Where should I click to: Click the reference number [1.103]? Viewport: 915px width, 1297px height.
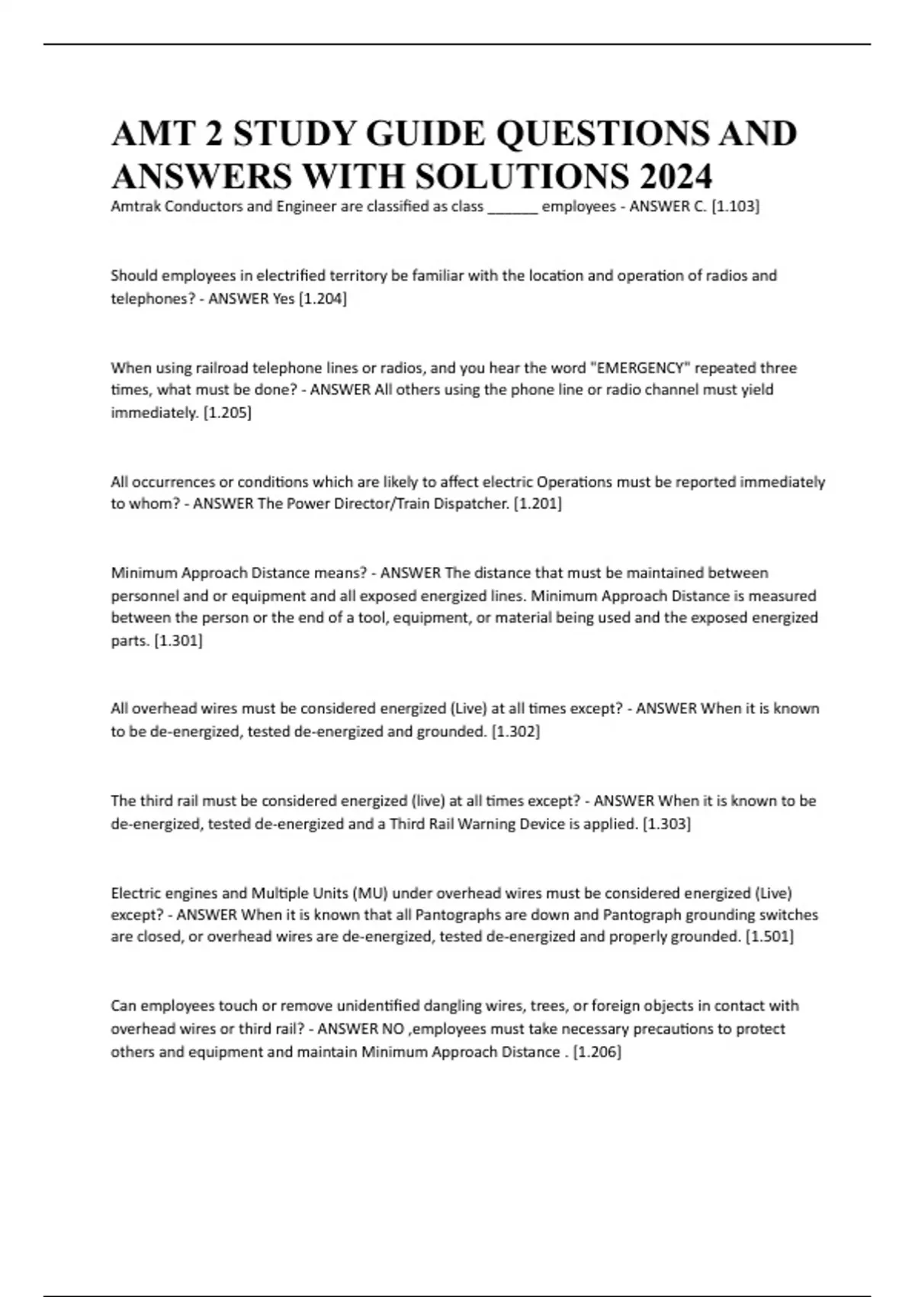pyautogui.click(x=735, y=206)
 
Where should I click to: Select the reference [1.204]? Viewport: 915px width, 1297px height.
pyautogui.click(x=321, y=298)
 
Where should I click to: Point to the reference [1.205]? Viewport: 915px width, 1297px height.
pyautogui.click(x=227, y=413)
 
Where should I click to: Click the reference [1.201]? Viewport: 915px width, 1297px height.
pyautogui.click(x=538, y=504)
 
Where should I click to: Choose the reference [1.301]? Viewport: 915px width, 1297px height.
pyautogui.click(x=178, y=641)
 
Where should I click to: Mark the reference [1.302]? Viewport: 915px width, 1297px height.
pyautogui.click(x=515, y=732)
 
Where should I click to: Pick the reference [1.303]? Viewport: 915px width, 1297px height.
pyautogui.click(x=666, y=824)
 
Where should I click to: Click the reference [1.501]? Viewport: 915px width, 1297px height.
pyautogui.click(x=769, y=936)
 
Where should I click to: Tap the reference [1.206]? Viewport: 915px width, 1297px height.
pyautogui.click(x=597, y=1051)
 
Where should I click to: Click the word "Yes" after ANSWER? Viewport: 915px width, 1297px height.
pyautogui.click(x=284, y=298)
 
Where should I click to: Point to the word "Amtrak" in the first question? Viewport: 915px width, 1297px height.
pyautogui.click(x=135, y=206)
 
